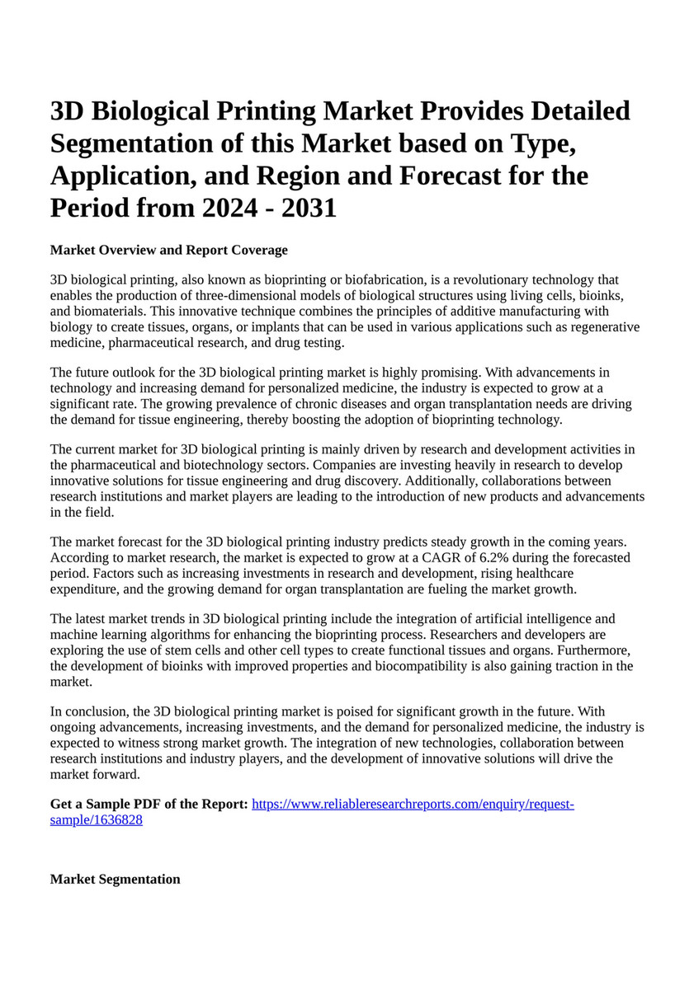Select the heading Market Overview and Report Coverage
(x=169, y=250)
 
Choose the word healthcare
(x=543, y=574)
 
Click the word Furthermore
(x=596, y=650)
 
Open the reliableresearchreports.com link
(x=413, y=804)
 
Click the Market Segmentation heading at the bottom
(x=115, y=880)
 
